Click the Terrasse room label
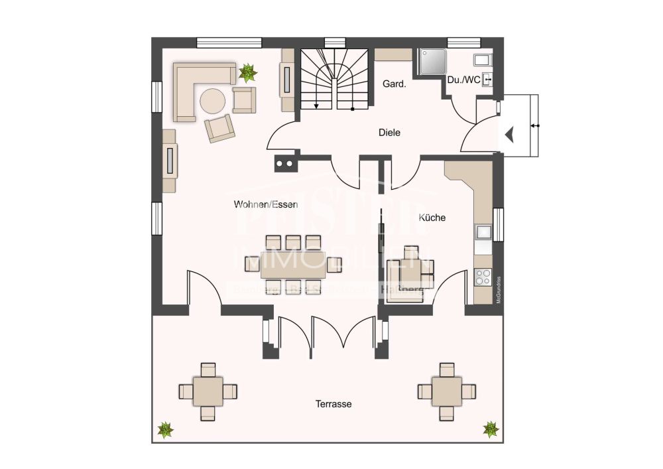[x=333, y=404]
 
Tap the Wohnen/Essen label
[x=265, y=204]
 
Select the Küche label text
[x=432, y=218]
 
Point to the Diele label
[x=389, y=132]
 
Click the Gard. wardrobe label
[x=395, y=84]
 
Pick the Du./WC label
[x=463, y=80]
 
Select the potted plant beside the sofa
[x=249, y=72]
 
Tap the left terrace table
[x=208, y=391]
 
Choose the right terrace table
[x=448, y=391]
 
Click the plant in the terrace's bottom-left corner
[x=165, y=430]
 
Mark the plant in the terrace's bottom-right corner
[x=491, y=429]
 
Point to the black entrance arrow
[x=509, y=135]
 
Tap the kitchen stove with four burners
[x=483, y=277]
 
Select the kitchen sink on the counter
[x=483, y=233]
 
